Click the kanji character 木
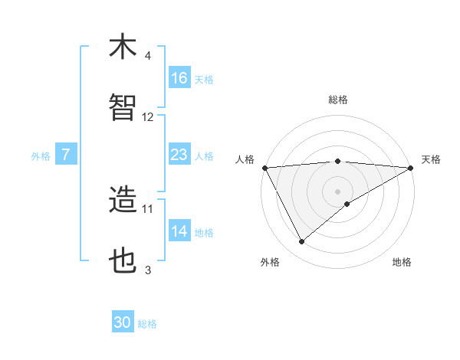point(123,47)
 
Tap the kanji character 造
point(123,201)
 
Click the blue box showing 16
point(179,78)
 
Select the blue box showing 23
point(179,155)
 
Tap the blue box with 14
point(179,231)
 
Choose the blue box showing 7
point(66,155)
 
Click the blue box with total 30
point(123,322)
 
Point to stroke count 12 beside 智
point(148,117)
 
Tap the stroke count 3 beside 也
point(148,270)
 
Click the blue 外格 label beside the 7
point(41,155)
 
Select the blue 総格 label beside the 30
point(147,324)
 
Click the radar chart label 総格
point(337,100)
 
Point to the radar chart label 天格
point(431,159)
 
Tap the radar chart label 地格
point(402,262)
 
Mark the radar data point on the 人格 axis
point(264,168)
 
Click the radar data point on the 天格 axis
point(410,168)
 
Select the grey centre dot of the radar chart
point(337,191)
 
